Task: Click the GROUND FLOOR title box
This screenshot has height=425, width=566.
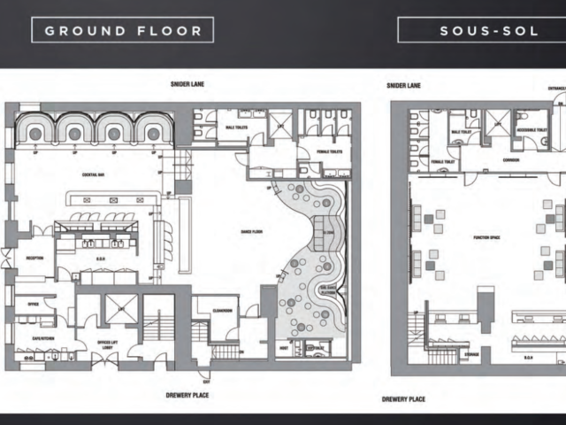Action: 123,30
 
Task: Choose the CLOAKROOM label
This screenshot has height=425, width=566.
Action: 223,312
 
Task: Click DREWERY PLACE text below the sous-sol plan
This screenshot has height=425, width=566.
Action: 403,399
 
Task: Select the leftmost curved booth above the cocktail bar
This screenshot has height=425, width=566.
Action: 36,128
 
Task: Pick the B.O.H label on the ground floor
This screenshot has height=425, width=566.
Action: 86,259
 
